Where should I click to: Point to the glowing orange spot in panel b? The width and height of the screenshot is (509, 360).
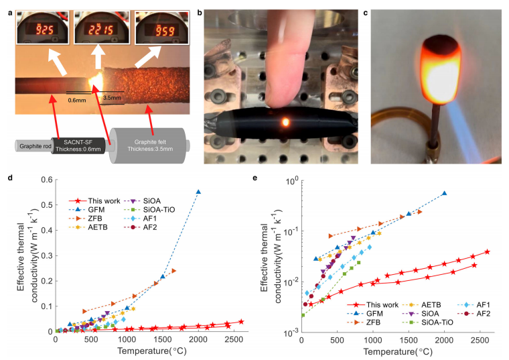pos(287,123)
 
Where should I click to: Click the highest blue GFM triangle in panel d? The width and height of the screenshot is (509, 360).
pos(198,192)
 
